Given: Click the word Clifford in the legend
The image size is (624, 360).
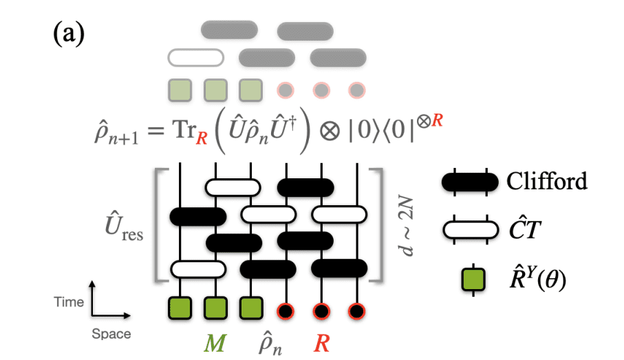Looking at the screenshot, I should coord(547,181).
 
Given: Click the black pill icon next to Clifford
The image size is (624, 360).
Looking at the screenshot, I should coord(470,182).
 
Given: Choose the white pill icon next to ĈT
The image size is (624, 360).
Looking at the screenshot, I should coord(470,230).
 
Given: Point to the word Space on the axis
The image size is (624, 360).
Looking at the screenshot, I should coord(111,335).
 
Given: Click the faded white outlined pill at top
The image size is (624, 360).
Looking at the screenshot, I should coord(196,56).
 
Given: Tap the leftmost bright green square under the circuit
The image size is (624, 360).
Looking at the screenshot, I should coord(180,307).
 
